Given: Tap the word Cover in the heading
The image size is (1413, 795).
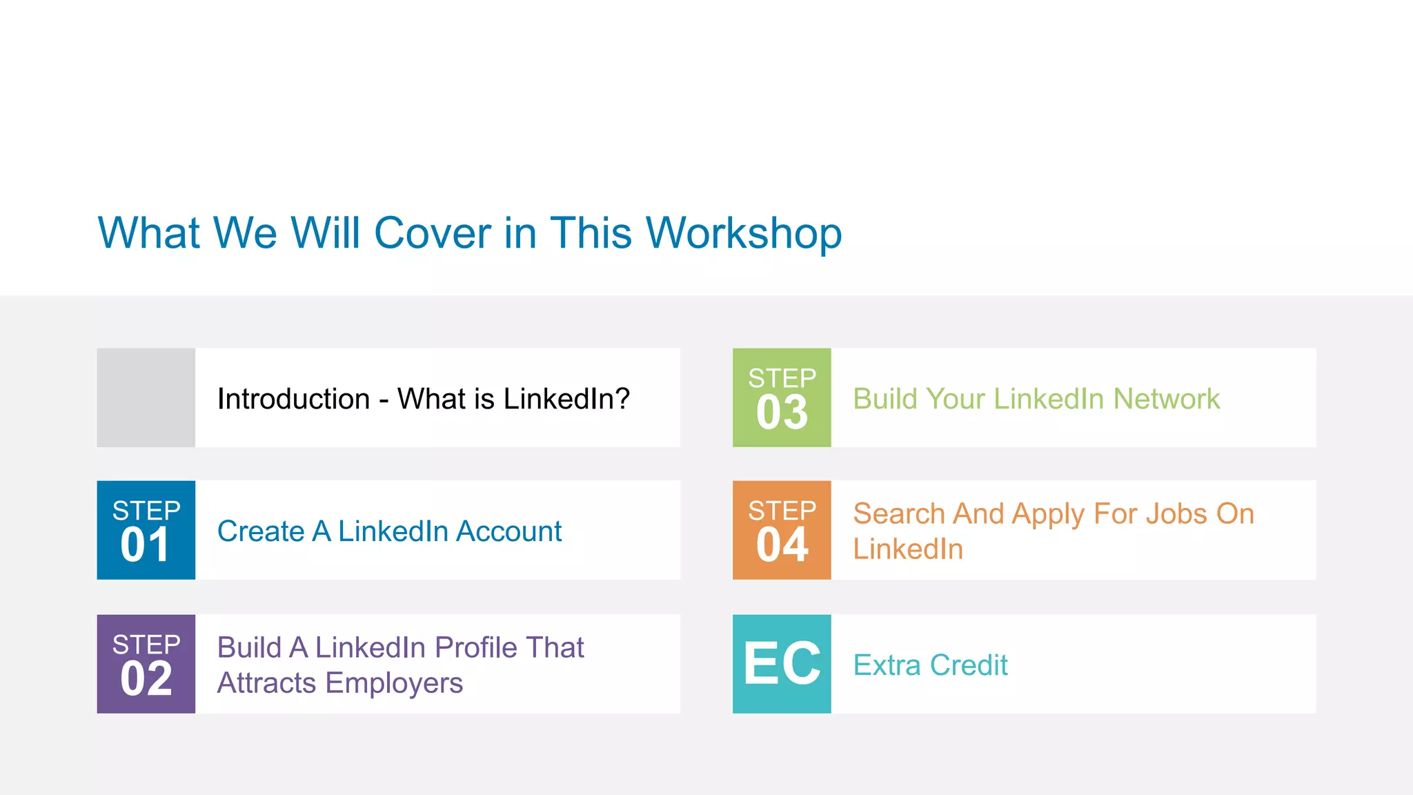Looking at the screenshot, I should coord(433,233).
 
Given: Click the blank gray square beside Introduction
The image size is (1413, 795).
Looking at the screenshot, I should coord(146,397).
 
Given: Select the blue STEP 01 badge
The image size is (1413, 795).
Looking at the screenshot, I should coord(146,530).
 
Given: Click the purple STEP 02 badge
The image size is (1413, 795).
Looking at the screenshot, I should coord(146,664).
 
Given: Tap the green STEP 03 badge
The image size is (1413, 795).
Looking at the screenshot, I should coord(782,397).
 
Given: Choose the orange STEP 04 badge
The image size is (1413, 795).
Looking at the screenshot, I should coord(782,530).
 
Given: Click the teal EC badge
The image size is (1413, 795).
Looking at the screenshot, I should coord(782,664).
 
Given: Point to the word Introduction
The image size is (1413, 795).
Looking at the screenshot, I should coord(293,399).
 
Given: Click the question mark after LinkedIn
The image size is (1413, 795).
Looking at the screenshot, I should coord(622,399).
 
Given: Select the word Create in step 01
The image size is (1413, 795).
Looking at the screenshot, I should coord(260,531).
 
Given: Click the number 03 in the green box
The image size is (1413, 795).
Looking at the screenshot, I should coord(782,413).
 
